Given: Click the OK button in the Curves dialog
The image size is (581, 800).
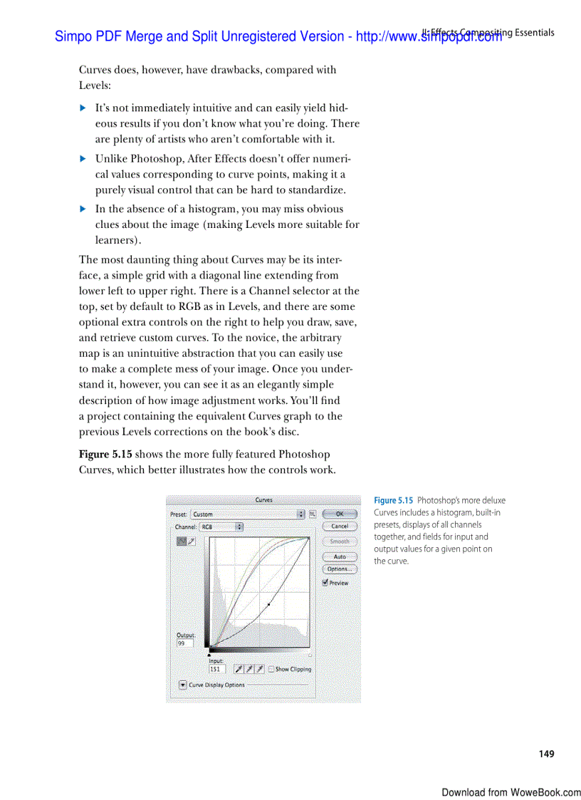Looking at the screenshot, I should click(x=340, y=514).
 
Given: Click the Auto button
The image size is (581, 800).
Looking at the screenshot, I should click(x=340, y=557).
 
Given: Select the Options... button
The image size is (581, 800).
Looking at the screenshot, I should click(x=340, y=569).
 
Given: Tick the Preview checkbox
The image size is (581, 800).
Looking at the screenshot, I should click(x=325, y=583).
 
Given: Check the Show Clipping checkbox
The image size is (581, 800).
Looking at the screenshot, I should click(x=271, y=670).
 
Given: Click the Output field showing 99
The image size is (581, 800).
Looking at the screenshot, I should click(x=184, y=643).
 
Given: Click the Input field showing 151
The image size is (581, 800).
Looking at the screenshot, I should click(x=216, y=670).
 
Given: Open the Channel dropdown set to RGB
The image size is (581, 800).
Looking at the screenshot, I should click(x=221, y=527).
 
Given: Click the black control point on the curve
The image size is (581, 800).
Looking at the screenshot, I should click(x=268, y=605).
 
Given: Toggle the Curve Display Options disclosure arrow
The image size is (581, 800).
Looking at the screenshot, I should click(x=183, y=685).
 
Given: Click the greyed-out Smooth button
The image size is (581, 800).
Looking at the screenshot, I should click(x=340, y=541).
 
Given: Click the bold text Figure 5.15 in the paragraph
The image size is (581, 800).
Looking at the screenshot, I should click(x=105, y=454).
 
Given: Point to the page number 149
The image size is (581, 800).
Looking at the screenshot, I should click(x=546, y=754).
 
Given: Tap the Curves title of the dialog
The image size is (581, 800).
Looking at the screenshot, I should click(x=263, y=501).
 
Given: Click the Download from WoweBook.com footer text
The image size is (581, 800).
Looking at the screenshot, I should click(x=511, y=792).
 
